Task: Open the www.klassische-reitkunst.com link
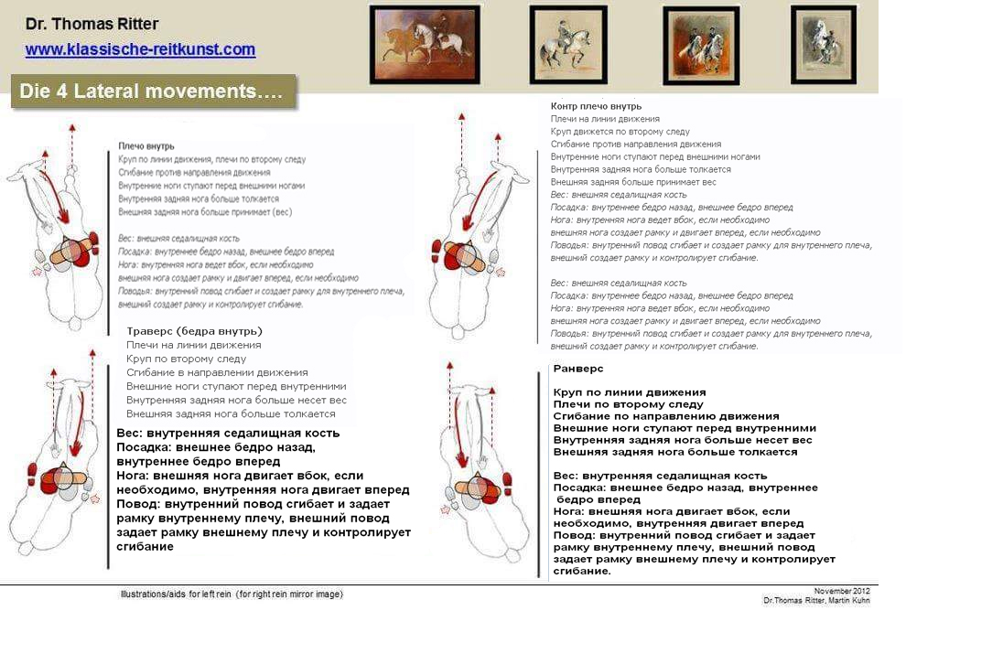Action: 140,49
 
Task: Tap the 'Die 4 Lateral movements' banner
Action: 153,91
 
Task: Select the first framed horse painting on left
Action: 425,44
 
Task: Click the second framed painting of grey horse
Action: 568,45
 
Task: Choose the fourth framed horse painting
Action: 823,44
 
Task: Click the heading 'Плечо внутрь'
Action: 146,146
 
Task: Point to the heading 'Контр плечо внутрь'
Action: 596,106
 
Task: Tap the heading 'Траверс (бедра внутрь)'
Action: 195,331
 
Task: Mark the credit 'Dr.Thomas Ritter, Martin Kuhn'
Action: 816,600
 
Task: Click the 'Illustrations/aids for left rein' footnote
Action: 232,595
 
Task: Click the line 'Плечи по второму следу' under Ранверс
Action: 629,404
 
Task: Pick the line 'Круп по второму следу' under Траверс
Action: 187,359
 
